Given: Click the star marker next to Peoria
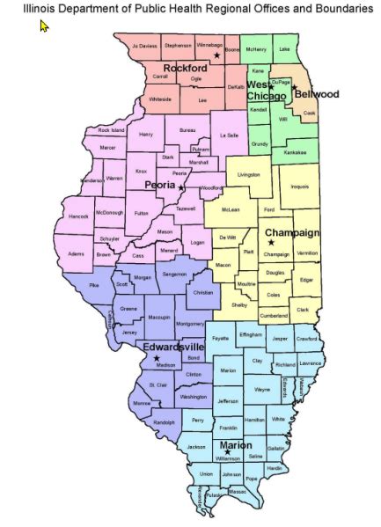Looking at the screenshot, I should (x=181, y=187).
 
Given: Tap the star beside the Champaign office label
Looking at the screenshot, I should (x=271, y=242).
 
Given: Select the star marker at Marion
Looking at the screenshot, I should (x=227, y=452).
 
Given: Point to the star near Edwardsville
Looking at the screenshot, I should (x=157, y=359).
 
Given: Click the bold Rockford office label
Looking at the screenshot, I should (x=185, y=68).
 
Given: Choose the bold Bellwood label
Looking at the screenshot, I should (x=317, y=93).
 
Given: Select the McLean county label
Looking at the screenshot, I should (x=231, y=210).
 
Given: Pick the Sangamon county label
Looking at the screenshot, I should (x=174, y=275).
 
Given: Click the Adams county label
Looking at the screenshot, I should (x=77, y=253).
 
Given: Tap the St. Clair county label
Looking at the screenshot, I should (x=158, y=384).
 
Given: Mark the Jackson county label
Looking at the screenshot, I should (x=196, y=447).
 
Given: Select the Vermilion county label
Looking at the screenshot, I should (x=307, y=253).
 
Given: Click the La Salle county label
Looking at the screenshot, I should (x=229, y=136).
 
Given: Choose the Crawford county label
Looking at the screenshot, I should (x=306, y=339).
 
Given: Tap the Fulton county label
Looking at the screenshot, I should (x=142, y=213).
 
